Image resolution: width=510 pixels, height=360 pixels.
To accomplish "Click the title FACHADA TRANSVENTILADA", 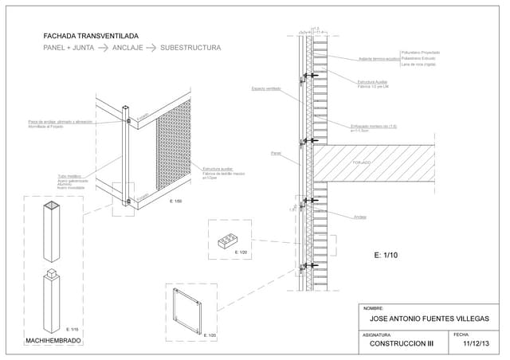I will point(91,36).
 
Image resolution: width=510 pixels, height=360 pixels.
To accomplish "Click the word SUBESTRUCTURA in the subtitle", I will point(190,49).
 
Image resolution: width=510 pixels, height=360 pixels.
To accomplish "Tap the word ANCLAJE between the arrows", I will point(127,49).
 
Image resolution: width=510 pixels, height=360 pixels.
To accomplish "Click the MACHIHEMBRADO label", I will point(53,341).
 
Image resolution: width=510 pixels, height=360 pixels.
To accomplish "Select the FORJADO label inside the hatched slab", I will point(362,162).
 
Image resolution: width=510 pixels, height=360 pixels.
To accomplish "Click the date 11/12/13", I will point(475,345).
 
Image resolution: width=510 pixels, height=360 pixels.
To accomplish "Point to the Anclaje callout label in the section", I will point(360,217).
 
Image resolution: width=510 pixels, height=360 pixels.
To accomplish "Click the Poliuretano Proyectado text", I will point(420,53).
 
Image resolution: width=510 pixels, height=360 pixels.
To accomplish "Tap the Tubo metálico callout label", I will point(69,175).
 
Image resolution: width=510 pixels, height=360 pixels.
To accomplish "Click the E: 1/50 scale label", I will point(176,202).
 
